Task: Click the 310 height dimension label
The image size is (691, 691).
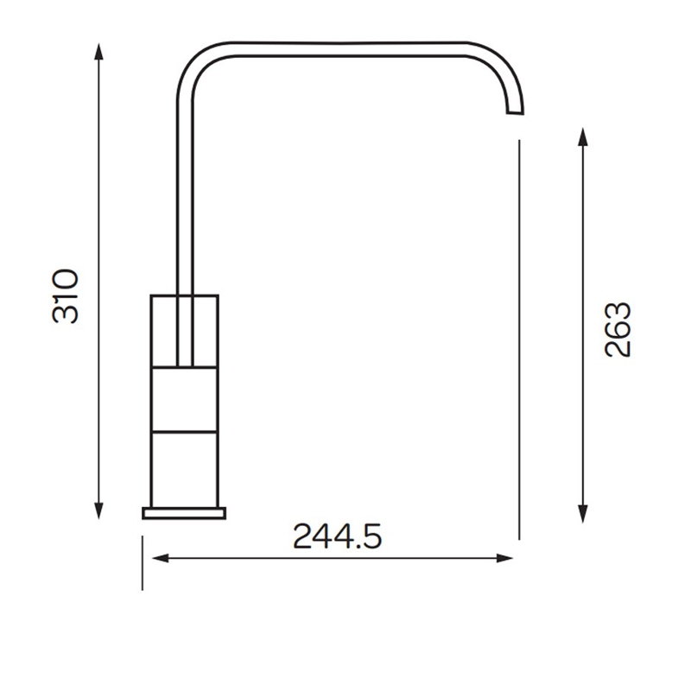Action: pos(66,296)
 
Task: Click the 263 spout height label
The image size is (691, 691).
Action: pos(618,329)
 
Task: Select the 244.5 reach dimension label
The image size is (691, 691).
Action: pos(337,536)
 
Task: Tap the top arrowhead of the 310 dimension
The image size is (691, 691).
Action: pos(98,51)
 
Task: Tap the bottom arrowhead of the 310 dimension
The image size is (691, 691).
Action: pos(98,510)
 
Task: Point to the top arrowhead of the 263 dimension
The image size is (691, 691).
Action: pos(583,136)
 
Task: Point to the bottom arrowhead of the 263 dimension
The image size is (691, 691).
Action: pos(583,514)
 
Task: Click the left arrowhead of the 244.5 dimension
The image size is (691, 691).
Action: pos(161,558)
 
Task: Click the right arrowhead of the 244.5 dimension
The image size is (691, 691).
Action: pos(504,558)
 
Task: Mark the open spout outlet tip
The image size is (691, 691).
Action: pos(515,113)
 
